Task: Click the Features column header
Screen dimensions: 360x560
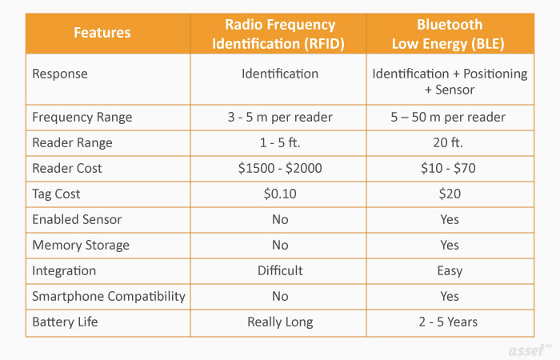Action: pos(102,33)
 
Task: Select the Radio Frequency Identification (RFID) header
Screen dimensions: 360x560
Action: pos(279,33)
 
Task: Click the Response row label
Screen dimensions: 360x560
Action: pos(60,74)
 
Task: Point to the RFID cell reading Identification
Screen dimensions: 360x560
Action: pos(279,74)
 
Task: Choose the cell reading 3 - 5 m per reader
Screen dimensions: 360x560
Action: pos(279,117)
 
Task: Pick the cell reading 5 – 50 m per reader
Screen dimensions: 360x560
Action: pos(449,117)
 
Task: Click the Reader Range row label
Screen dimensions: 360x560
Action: pos(72,142)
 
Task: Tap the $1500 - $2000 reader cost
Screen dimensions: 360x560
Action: pos(279,168)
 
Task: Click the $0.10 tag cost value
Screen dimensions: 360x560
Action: pos(279,194)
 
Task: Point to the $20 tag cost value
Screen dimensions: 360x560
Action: pos(449,194)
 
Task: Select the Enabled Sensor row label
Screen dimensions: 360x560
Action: pos(77,219)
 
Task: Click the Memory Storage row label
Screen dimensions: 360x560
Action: pos(80,245)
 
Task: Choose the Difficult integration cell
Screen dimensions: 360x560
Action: pos(279,270)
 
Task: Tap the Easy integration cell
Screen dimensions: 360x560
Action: pos(449,270)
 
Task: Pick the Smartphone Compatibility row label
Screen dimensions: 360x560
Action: pos(108,296)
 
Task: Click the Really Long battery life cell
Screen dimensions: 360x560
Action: pos(279,322)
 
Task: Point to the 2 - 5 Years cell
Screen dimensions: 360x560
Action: pos(449,322)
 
